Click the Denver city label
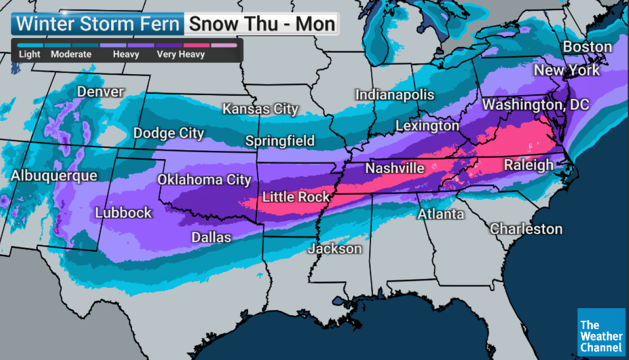(100, 92)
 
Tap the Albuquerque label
(54, 176)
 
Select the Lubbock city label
(123, 213)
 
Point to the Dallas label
(211, 238)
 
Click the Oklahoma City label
(204, 180)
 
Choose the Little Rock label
(296, 197)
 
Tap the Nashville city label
(394, 168)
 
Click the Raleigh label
(529, 165)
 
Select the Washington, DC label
(535, 104)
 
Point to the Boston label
(587, 47)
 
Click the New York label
(567, 70)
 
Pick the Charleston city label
(526, 228)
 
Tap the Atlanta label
(441, 214)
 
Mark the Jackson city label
(335, 249)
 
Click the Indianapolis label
(394, 95)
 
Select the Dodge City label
(169, 133)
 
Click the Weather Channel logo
(601, 331)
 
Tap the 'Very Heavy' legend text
(180, 54)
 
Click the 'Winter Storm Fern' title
(98, 24)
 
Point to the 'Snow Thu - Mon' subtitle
(262, 24)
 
